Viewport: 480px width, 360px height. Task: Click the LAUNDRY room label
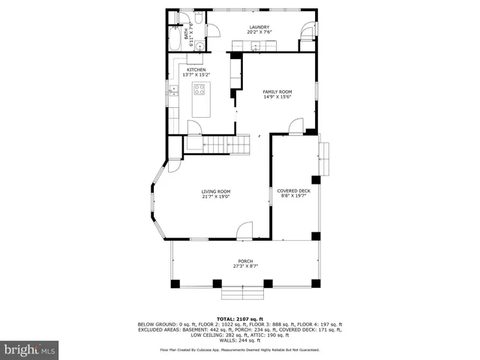point(259,27)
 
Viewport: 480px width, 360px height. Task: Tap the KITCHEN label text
point(196,70)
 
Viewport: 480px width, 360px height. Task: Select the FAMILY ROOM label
point(277,92)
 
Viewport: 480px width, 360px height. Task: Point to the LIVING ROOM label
point(215,191)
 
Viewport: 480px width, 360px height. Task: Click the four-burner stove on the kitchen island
point(199,89)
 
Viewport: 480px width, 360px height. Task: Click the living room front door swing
point(245,231)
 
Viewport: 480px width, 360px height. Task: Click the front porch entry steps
point(241,291)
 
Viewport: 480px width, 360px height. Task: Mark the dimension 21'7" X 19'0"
point(215,196)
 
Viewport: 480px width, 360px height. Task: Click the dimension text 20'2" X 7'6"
point(259,32)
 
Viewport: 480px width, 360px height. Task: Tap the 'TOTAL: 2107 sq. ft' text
point(240,319)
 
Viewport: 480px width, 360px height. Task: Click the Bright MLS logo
point(30,349)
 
